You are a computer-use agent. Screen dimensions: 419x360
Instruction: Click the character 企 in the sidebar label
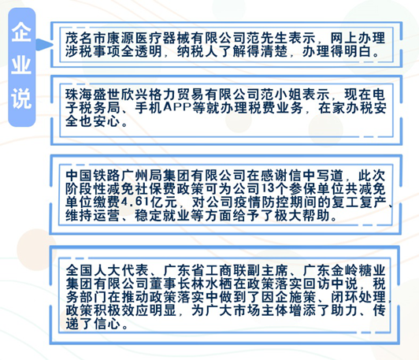click(21, 32)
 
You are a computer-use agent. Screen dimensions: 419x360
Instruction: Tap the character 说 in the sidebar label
click(21, 98)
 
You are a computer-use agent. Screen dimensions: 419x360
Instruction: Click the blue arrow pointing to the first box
click(43, 44)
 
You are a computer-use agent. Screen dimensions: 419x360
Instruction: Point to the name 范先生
click(268, 39)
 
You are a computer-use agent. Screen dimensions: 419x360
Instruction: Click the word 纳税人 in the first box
click(198, 51)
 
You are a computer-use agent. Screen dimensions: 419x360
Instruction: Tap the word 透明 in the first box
click(149, 51)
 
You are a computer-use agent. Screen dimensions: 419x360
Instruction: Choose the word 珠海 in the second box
click(80, 95)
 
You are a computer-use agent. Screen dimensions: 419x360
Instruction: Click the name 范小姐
click(282, 95)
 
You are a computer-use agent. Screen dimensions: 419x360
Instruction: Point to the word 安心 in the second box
click(107, 121)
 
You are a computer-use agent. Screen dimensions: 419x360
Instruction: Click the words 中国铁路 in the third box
click(93, 176)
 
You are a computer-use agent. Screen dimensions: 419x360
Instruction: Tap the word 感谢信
click(282, 176)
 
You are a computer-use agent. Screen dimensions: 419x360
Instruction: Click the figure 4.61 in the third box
click(135, 202)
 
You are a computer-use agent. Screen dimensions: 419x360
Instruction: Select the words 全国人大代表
click(107, 270)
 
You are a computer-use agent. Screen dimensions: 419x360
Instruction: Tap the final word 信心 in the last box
click(107, 324)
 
